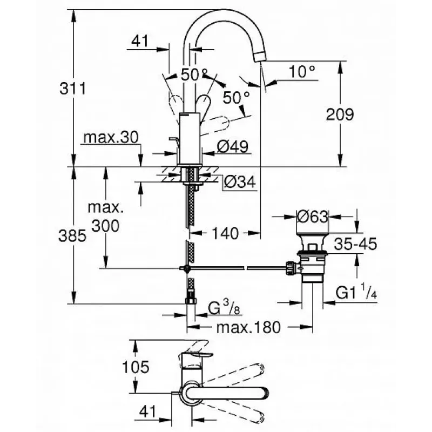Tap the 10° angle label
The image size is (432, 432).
[301, 71]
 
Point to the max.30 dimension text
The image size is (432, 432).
[111, 138]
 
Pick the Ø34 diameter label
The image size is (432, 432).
[239, 183]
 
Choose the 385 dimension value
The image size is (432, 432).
[72, 235]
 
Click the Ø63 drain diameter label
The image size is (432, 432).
[312, 216]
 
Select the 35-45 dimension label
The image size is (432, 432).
[353, 244]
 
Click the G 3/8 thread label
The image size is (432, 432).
[221, 308]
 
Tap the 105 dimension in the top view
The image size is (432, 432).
[134, 367]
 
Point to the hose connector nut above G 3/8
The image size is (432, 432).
[191, 300]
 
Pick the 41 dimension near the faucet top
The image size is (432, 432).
[142, 40]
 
